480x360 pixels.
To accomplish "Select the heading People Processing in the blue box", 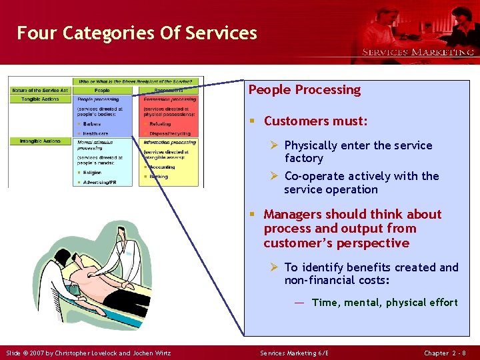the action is click(x=304, y=89).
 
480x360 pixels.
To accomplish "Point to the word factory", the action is click(x=303, y=159).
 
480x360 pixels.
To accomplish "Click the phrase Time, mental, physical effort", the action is click(x=385, y=303).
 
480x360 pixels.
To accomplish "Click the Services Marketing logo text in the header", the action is click(x=418, y=51).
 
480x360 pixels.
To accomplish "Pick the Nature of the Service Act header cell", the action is click(x=40, y=90).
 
